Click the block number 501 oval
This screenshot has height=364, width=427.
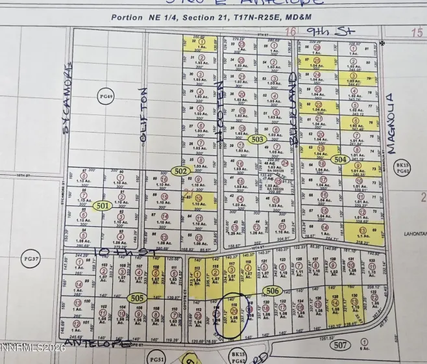101,205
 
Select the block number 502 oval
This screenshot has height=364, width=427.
181,170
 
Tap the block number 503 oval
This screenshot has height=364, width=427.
258,138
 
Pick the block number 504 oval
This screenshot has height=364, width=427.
339,159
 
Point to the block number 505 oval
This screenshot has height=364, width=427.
136,298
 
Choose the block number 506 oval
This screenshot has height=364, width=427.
273,291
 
